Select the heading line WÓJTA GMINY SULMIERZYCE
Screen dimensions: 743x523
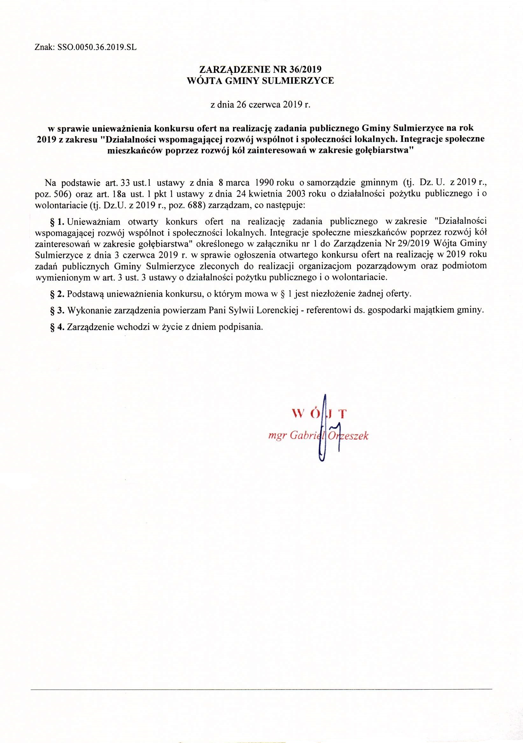click(261, 81)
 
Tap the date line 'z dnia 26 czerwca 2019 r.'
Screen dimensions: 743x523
click(261, 105)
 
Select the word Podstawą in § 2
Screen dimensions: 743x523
click(86, 294)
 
